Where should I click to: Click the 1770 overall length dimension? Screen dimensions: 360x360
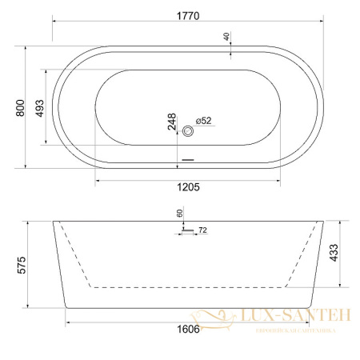tap(190, 14)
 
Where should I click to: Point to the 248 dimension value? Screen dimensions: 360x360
tap(171, 121)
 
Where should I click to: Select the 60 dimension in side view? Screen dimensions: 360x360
tap(178, 214)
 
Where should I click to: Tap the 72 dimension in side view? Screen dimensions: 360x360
tap(202, 230)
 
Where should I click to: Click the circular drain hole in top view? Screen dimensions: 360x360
tap(188, 131)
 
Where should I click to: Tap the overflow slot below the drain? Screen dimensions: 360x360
tap(188, 159)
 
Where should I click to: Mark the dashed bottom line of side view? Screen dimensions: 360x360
tap(188, 286)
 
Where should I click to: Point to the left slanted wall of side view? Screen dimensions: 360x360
tap(59, 263)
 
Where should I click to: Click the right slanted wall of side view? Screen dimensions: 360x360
tap(317, 263)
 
